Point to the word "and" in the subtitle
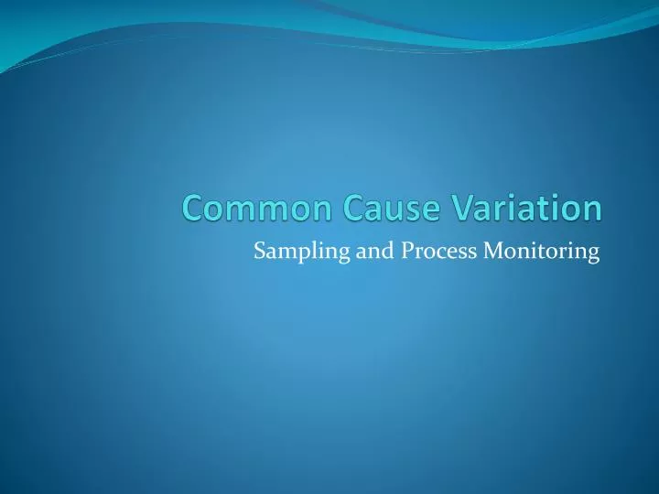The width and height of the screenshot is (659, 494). click(x=373, y=252)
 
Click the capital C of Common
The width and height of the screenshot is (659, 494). click(x=191, y=209)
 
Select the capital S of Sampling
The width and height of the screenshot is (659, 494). click(x=259, y=252)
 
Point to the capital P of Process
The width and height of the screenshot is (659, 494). click(x=407, y=252)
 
